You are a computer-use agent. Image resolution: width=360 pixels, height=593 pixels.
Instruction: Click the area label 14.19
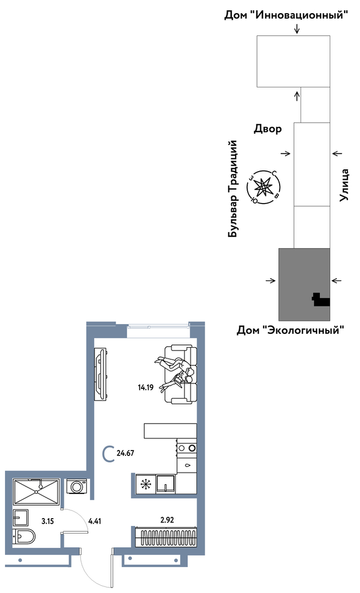pyautogui.click(x=145, y=387)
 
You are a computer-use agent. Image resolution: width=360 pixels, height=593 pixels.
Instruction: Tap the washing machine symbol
pyautogui.click(x=77, y=486)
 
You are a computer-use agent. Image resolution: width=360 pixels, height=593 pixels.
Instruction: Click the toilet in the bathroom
pyautogui.click(x=24, y=535)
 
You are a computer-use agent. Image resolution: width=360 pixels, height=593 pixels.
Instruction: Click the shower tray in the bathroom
pyautogui.click(x=35, y=491)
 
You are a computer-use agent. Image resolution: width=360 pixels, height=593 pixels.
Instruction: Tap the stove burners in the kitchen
pyautogui.click(x=187, y=448)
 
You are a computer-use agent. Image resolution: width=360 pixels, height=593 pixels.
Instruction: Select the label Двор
pyautogui.click(x=268, y=129)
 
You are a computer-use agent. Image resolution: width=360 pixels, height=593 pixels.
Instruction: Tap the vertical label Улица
pyautogui.click(x=345, y=185)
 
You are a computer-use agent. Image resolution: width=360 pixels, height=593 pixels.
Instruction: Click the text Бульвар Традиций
pyautogui.click(x=233, y=189)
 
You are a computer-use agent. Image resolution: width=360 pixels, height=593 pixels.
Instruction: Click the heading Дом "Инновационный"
pyautogui.click(x=286, y=15)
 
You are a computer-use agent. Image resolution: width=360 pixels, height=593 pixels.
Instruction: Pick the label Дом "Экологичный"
pyautogui.click(x=291, y=331)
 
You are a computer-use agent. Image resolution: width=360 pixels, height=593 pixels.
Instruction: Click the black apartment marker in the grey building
pyautogui.click(x=320, y=300)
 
